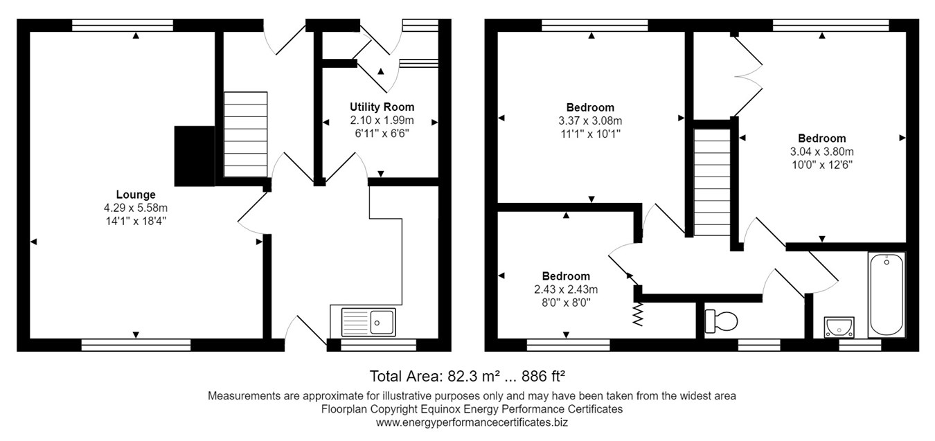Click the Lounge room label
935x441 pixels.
(136, 195)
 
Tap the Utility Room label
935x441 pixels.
(382, 107)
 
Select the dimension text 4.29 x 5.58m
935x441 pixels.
(136, 208)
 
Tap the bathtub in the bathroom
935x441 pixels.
(886, 294)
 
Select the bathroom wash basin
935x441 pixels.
(839, 326)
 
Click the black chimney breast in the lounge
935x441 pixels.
(194, 156)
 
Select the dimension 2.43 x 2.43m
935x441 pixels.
(566, 289)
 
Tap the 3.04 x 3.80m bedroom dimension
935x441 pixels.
(821, 152)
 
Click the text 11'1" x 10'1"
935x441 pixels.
(590, 134)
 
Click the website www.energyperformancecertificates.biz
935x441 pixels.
(472, 422)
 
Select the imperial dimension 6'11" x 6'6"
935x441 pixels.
(382, 133)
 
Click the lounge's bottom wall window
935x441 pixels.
(136, 344)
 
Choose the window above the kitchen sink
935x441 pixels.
(378, 344)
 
